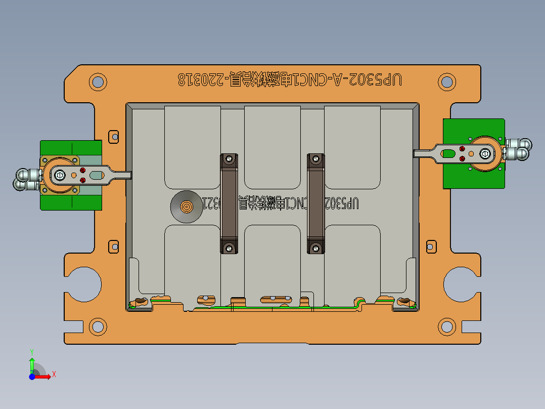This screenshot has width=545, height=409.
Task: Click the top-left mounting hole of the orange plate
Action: (98, 81)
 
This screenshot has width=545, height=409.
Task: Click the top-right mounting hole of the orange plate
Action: (446, 81)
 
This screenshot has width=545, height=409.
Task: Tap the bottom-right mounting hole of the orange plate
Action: (446, 326)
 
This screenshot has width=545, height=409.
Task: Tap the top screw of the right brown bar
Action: (316, 159)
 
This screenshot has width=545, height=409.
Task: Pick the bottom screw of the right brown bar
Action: (316, 248)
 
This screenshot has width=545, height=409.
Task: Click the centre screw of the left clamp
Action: (60, 175)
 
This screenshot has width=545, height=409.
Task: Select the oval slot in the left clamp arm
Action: (96, 175)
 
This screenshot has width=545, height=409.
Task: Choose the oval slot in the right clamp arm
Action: (448, 152)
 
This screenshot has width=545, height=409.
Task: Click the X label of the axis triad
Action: (54, 375)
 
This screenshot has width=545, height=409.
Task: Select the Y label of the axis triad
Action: (31, 351)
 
